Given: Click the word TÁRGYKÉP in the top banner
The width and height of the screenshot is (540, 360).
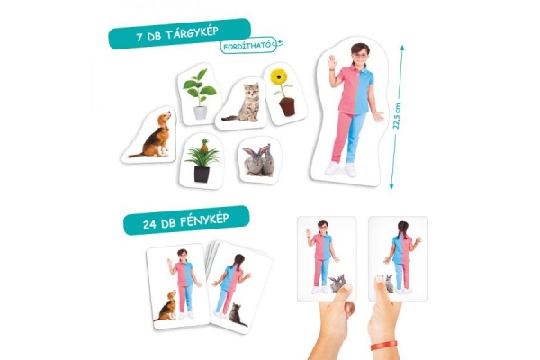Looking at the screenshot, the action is click(x=192, y=33).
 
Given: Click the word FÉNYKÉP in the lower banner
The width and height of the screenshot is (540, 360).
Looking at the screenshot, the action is click(x=204, y=220).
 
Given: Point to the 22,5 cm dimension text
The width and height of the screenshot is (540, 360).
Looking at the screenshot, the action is click(x=398, y=116).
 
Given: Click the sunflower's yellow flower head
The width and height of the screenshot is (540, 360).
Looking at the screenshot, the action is click(x=278, y=76).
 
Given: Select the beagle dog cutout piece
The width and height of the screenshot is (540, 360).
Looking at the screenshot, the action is click(x=149, y=135).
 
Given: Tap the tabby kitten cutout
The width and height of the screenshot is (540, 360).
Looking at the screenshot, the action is click(x=242, y=103).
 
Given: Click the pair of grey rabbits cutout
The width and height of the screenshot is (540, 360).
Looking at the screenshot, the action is click(x=258, y=160).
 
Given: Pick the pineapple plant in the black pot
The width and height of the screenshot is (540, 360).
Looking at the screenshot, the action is click(x=202, y=160).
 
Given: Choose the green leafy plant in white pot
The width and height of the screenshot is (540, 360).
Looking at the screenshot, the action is click(x=200, y=94).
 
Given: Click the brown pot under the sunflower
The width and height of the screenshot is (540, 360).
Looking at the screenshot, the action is click(x=287, y=107).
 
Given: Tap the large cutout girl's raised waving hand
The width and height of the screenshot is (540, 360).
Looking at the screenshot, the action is click(x=332, y=63).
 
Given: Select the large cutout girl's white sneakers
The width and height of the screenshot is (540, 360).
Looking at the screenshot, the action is click(x=341, y=169).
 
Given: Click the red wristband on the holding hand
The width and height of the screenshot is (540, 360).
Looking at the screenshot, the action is click(x=384, y=346).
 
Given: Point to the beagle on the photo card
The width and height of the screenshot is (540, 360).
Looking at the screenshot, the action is click(x=166, y=306).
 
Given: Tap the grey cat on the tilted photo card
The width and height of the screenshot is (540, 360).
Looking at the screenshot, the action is click(x=237, y=315).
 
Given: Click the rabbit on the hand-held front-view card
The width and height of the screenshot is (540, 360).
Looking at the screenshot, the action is click(x=337, y=283).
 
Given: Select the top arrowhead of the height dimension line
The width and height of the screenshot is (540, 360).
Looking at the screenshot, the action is click(x=401, y=47).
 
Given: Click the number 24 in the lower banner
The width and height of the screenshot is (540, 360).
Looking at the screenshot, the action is click(x=150, y=225).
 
